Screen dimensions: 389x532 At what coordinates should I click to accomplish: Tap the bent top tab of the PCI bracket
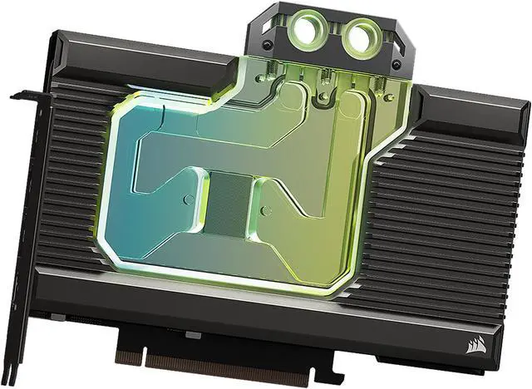[25, 94]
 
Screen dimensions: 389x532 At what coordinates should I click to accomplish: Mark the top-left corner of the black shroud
[56, 32]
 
